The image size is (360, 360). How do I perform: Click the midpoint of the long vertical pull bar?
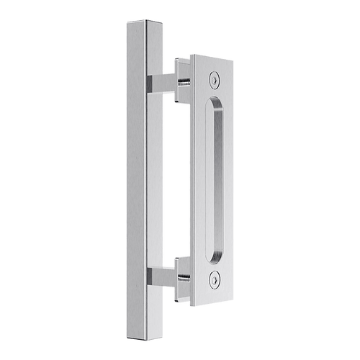point(140,180)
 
